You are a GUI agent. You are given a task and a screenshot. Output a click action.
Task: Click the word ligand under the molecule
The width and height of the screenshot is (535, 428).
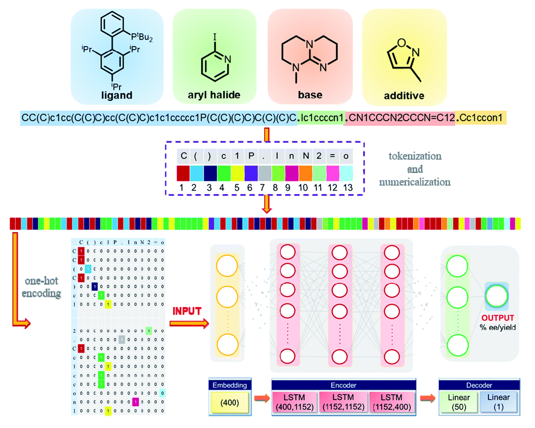point(117,95)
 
